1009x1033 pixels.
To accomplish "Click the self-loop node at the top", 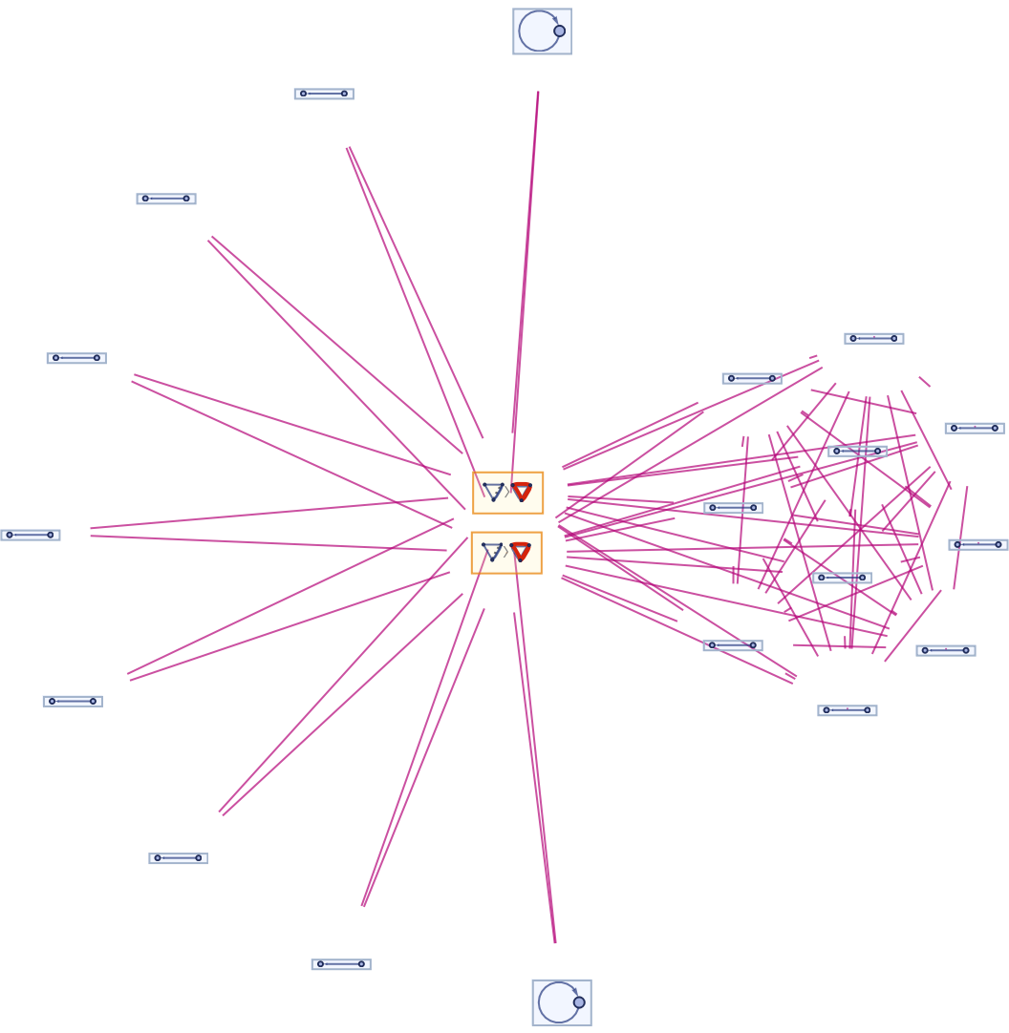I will (542, 32).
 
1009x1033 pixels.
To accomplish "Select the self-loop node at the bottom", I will (561, 1002).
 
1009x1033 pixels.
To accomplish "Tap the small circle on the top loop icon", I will (559, 31).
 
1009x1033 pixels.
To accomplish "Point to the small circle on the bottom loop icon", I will (579, 1002).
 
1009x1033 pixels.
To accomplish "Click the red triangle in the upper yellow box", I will (521, 492).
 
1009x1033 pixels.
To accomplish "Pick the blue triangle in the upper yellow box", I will (493, 492).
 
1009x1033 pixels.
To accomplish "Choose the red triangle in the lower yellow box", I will (520, 552).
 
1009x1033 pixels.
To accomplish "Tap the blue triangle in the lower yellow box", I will (492, 552).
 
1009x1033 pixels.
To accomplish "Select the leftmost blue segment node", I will (31, 535).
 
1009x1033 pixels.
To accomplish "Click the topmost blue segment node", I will (324, 94).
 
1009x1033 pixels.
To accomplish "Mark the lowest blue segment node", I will (341, 964).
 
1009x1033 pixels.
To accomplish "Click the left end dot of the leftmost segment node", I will (10, 535).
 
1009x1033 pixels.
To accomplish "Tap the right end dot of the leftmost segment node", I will (51, 535).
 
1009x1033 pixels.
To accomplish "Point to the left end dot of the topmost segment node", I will (304, 94).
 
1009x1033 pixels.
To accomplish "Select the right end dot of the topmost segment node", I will (345, 94).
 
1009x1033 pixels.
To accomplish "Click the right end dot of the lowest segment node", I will (361, 964).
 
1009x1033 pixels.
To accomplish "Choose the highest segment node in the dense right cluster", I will (874, 338).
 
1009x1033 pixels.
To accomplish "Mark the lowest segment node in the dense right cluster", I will (847, 710).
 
